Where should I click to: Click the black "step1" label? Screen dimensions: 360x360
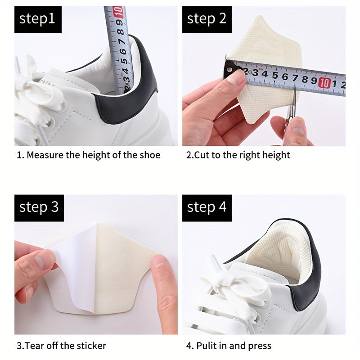[x=37, y=19]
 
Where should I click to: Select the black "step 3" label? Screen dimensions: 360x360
[x=38, y=207]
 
